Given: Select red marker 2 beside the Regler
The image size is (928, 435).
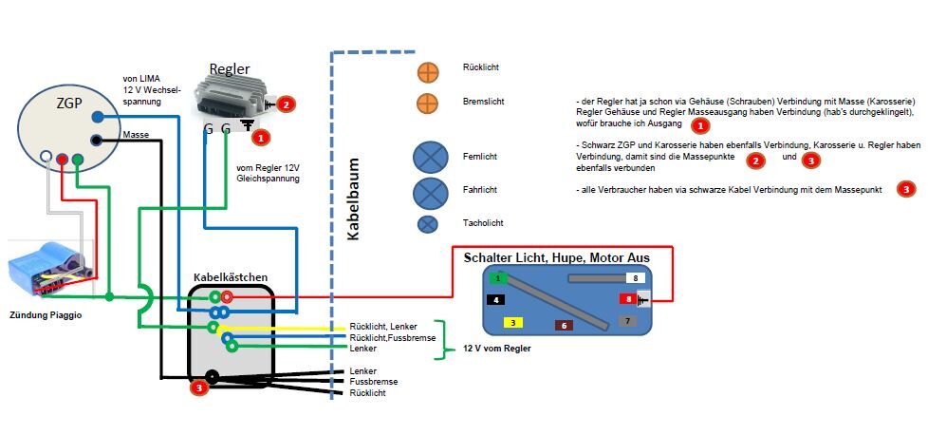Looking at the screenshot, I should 287,104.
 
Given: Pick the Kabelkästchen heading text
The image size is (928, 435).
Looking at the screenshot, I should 231,277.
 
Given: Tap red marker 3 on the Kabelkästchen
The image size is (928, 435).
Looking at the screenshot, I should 198,387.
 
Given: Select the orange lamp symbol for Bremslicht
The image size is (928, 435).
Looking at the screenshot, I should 428,104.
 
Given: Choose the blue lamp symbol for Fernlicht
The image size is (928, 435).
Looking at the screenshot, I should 430,157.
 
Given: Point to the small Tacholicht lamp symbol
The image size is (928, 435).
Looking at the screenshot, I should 429,224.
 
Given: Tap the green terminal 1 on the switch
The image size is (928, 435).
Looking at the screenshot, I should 498,278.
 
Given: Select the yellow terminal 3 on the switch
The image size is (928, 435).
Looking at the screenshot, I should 512,323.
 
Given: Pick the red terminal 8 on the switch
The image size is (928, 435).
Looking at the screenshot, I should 627,298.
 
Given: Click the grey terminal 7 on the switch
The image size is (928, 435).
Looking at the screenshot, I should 627,321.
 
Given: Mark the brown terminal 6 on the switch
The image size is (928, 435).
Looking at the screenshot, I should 564,325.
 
